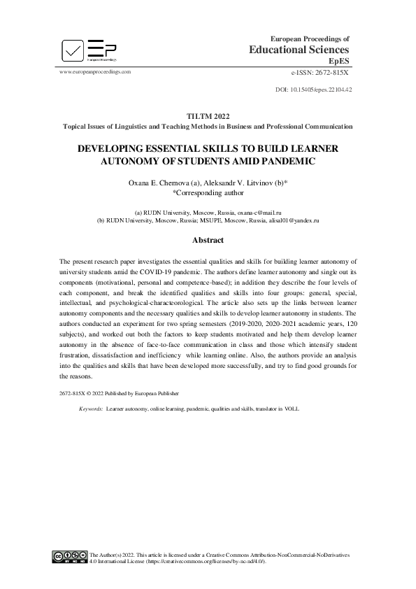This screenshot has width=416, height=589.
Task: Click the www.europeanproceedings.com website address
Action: (x=95, y=72)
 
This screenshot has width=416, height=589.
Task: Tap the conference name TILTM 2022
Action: (x=208, y=115)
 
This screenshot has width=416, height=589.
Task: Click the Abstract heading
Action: (x=208, y=241)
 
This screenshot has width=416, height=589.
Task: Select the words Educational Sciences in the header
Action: (x=299, y=50)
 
